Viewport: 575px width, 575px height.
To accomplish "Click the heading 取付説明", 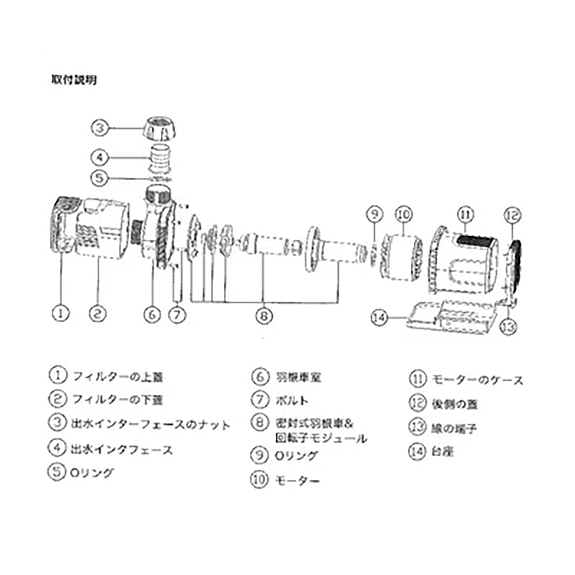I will tap(74, 80).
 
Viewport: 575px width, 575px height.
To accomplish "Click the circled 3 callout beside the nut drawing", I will tap(100, 128).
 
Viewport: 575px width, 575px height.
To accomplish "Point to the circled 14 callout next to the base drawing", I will tap(379, 318).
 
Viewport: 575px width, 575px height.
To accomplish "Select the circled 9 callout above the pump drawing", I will tap(374, 214).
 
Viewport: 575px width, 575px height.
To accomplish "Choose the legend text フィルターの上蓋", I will tap(118, 376).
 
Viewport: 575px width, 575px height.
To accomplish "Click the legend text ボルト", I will tap(292, 400).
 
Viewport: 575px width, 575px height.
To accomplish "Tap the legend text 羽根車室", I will tap(298, 377).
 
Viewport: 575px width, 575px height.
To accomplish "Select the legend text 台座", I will tap(442, 452).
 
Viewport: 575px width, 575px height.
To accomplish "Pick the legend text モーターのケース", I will tap(478, 380).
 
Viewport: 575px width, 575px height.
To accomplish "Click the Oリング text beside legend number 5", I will tap(92, 473).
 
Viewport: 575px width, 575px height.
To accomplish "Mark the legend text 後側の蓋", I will tap(454, 404).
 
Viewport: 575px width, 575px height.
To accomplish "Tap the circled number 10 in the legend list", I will tap(259, 479).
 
